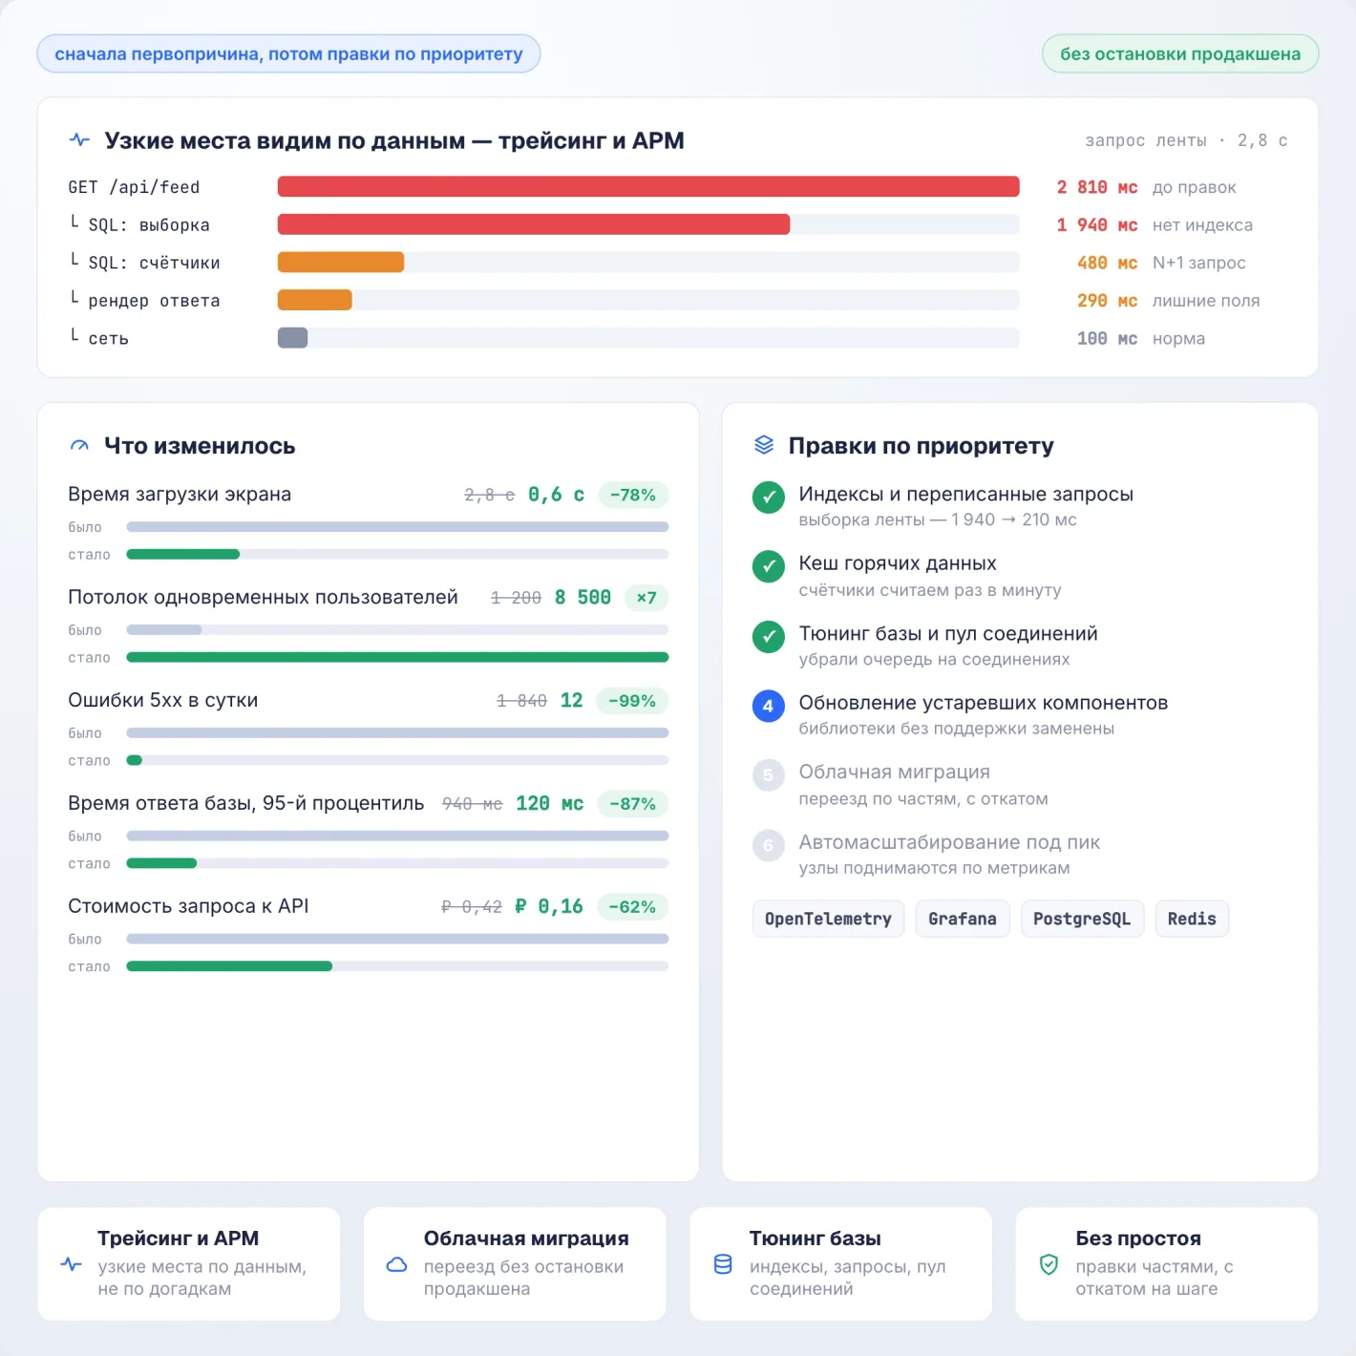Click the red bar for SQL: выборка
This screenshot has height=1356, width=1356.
pyautogui.click(x=534, y=224)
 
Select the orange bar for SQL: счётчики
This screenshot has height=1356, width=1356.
pyautogui.click(x=341, y=263)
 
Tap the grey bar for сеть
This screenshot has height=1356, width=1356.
pyautogui.click(x=293, y=338)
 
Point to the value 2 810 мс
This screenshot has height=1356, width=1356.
pyautogui.click(x=1096, y=187)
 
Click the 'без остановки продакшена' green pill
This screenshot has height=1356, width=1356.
pyautogui.click(x=1180, y=53)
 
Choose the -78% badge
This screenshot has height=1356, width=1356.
pyautogui.click(x=632, y=495)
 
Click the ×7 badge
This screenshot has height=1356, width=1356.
pyautogui.click(x=646, y=598)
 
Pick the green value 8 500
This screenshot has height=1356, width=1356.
pyautogui.click(x=583, y=598)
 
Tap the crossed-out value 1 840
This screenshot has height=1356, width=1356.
pyautogui.click(x=521, y=701)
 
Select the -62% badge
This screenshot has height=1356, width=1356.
pyautogui.click(x=632, y=906)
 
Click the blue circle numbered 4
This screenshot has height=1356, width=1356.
pyautogui.click(x=769, y=706)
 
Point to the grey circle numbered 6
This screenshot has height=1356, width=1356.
pyautogui.click(x=769, y=845)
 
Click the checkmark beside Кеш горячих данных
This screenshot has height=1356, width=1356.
pyautogui.click(x=769, y=566)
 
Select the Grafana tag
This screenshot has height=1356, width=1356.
pyautogui.click(x=962, y=919)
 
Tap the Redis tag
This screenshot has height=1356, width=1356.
pyautogui.click(x=1192, y=919)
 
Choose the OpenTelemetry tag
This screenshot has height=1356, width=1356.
pyautogui.click(x=828, y=919)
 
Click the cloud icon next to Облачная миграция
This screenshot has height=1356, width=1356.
pyautogui.click(x=397, y=1263)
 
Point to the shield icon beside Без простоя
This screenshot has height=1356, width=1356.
pyautogui.click(x=1049, y=1263)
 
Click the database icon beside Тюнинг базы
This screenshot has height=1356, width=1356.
pyautogui.click(x=723, y=1263)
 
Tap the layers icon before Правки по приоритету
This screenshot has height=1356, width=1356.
pyautogui.click(x=764, y=445)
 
